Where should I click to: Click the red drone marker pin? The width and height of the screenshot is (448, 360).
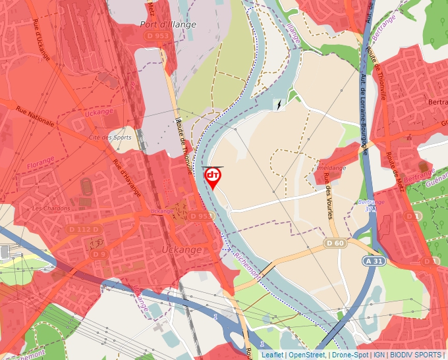pyautogui.click(x=213, y=177)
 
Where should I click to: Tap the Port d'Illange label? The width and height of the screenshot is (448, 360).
pyautogui.click(x=168, y=24)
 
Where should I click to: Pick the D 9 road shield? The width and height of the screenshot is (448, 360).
pyautogui.click(x=99, y=254)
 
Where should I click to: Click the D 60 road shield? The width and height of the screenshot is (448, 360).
pyautogui.click(x=335, y=244)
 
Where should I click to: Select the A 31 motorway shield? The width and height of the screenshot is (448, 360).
pyautogui.click(x=374, y=261)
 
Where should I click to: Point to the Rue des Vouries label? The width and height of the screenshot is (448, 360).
pyautogui.click(x=328, y=202)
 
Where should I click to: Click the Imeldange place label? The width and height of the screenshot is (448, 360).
pyautogui.click(x=331, y=168)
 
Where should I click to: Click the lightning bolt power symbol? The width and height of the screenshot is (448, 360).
pyautogui.click(x=279, y=104)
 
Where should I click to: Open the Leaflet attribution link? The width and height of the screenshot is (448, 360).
pyautogui.click(x=272, y=355)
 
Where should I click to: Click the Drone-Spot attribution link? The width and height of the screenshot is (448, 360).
pyautogui.click(x=349, y=355)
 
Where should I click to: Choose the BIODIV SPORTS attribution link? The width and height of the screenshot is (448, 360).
pyautogui.click(x=415, y=355)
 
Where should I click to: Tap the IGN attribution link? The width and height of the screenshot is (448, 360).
pyautogui.click(x=379, y=355)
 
